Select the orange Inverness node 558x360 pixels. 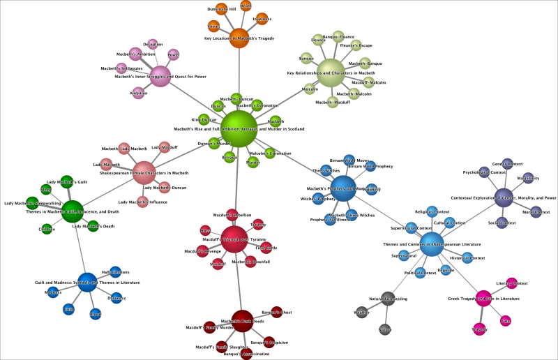click(x=261, y=19)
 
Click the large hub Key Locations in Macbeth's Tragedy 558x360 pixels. click(x=239, y=38)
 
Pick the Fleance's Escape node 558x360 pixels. click(x=355, y=46)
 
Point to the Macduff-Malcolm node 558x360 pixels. click(x=365, y=82)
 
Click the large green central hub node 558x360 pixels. click(x=240, y=128)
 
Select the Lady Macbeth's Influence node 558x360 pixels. click(x=142, y=202)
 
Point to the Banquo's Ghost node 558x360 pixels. click(x=276, y=312)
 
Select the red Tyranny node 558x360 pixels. click(x=259, y=225)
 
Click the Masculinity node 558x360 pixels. click(x=528, y=178)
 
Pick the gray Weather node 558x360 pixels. click(x=361, y=313)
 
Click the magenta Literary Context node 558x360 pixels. click(x=511, y=283)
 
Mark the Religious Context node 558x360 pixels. click(x=432, y=211)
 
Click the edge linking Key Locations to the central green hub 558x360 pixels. click(x=239, y=77)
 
